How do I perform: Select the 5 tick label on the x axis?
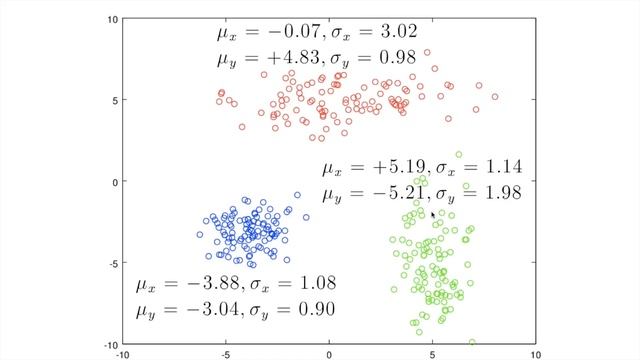pyautogui.click(x=432, y=353)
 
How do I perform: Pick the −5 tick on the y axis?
pyautogui.click(x=114, y=263)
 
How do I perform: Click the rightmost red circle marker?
pyautogui.click(x=495, y=97)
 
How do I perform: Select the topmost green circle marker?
pyautogui.click(x=459, y=155)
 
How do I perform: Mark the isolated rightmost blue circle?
pyautogui.click(x=297, y=195)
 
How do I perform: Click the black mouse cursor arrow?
pyautogui.click(x=433, y=214)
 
